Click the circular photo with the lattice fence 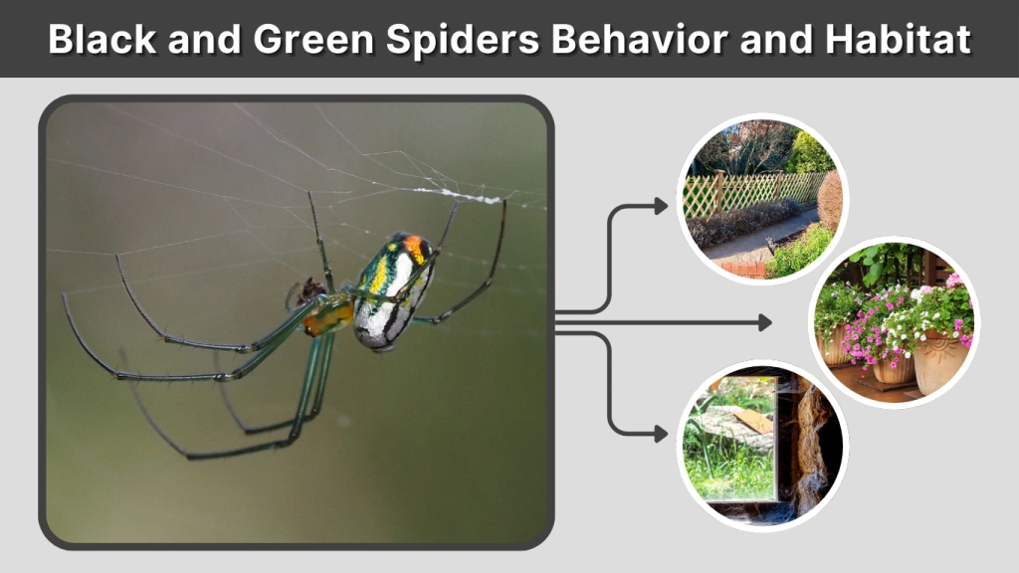click(762, 199)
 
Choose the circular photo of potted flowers click(894, 322)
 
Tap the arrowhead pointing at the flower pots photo click(764, 322)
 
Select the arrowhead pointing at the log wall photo click(662, 434)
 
